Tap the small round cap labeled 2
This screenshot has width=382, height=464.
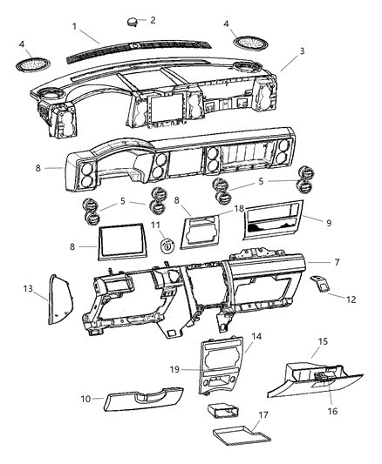[133, 22]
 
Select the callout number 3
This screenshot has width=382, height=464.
[302, 52]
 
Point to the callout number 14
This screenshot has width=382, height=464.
[256, 336]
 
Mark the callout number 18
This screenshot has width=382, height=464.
[239, 210]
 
